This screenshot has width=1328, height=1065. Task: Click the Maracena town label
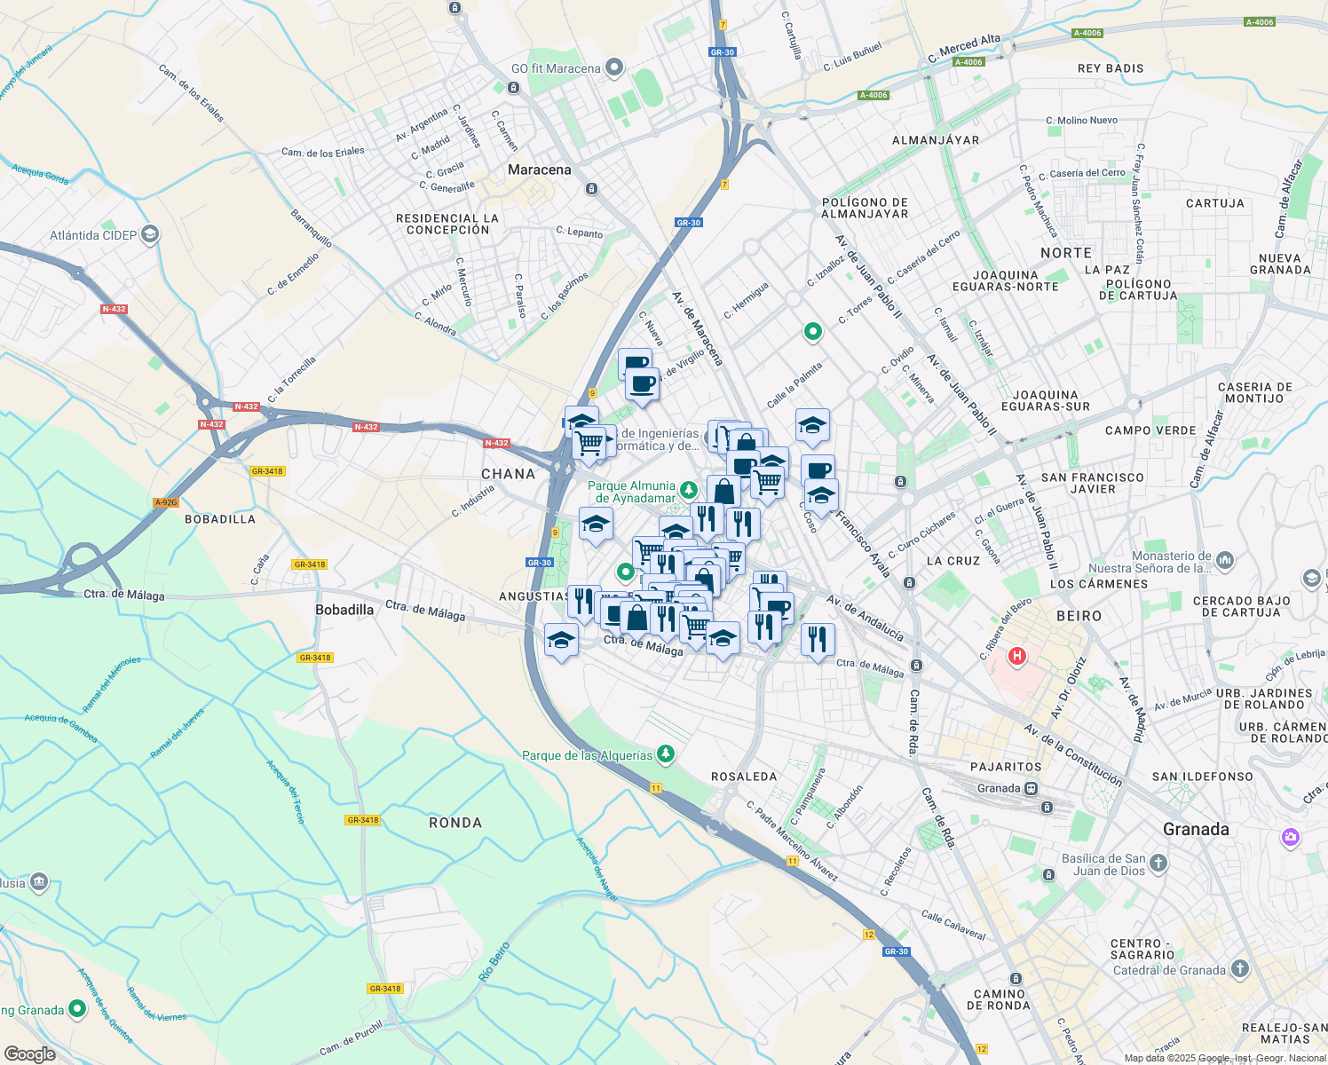tap(540, 170)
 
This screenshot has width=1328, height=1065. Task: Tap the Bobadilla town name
tap(344, 610)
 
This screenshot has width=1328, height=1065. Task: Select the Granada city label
tap(1196, 829)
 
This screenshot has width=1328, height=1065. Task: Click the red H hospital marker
tap(1017, 657)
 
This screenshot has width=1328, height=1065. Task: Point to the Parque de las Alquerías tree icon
tap(666, 755)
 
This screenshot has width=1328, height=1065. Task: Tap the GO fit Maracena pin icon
tap(613, 68)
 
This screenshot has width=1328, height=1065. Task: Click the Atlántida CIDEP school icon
tap(150, 235)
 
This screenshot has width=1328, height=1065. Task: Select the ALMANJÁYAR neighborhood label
tap(936, 140)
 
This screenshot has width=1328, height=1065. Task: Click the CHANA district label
tap(509, 474)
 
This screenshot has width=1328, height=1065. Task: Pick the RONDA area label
tap(455, 823)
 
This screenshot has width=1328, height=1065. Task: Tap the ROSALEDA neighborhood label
tap(744, 777)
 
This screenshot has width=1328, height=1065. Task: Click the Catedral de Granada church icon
tap(1240, 970)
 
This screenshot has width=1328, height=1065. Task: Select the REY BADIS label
tap(1111, 68)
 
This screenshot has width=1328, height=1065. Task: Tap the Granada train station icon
tap(1031, 788)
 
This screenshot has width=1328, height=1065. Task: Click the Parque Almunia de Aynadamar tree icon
tap(688, 490)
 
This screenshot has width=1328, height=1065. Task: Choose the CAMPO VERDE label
tap(1150, 430)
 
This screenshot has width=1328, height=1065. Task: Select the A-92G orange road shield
tap(166, 502)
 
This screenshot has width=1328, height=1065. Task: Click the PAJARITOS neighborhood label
tap(1006, 767)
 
